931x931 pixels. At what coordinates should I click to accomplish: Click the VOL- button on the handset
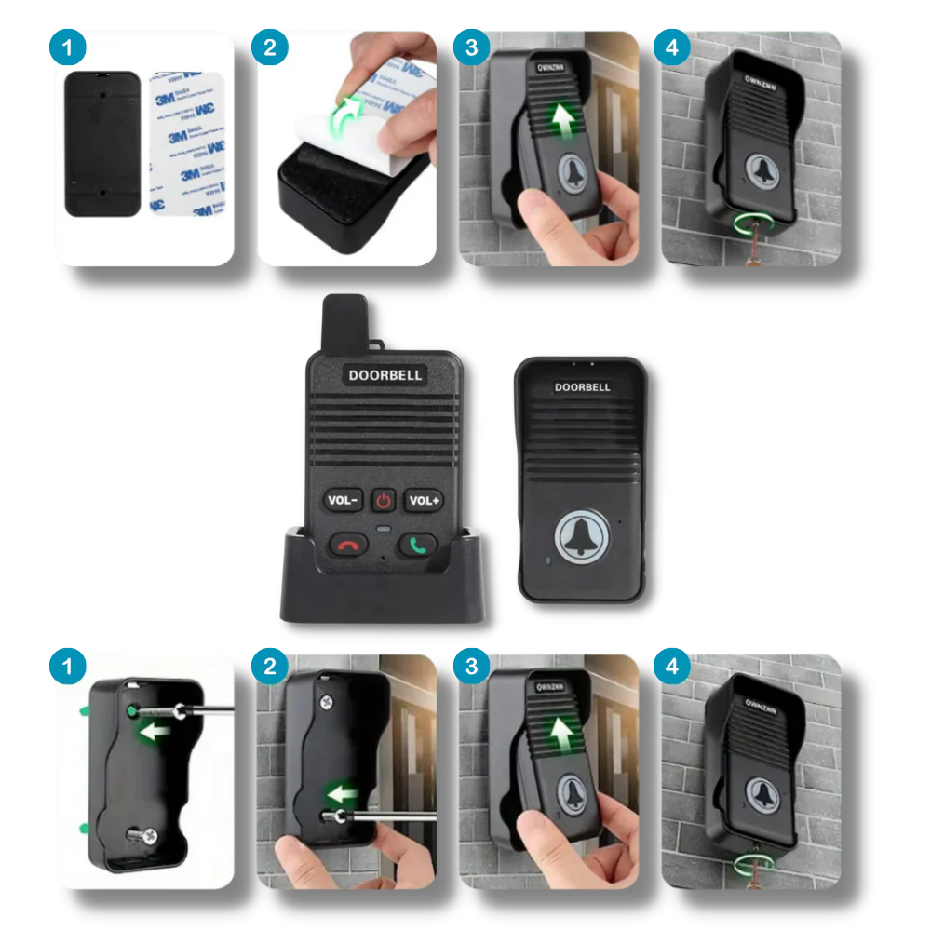pyautogui.click(x=343, y=501)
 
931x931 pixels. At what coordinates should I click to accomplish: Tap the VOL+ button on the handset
pyautogui.click(x=424, y=501)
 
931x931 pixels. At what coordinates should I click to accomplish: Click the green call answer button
pyautogui.click(x=417, y=545)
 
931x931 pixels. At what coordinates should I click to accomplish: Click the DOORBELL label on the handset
pyautogui.click(x=385, y=375)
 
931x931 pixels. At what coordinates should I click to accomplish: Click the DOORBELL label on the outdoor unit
pyautogui.click(x=582, y=386)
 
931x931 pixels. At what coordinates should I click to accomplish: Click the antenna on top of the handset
pyautogui.click(x=344, y=321)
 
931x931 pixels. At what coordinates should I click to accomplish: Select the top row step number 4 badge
pyautogui.click(x=672, y=47)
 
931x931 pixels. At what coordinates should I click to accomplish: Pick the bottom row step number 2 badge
pyautogui.click(x=270, y=667)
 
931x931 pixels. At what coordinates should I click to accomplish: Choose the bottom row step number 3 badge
pyautogui.click(x=471, y=667)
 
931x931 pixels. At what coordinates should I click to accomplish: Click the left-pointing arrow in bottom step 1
pyautogui.click(x=155, y=732)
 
